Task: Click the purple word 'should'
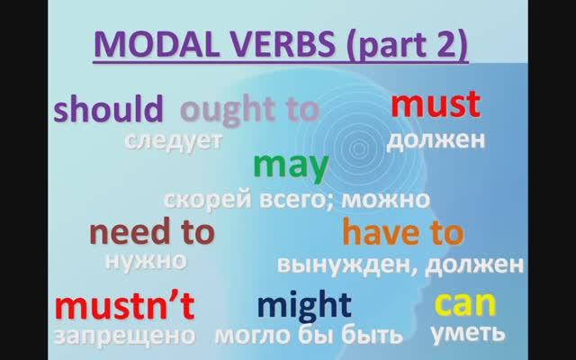[108, 110]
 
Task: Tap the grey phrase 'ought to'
[249, 110]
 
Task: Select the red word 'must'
[436, 105]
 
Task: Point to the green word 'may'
[291, 166]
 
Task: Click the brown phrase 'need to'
[151, 232]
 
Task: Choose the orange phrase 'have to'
[403, 233]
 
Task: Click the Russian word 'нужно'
[146, 261]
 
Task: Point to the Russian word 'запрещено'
[124, 336]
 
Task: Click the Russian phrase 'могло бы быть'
[308, 336]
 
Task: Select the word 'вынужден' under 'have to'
[346, 265]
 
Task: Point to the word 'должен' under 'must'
[436, 139]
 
